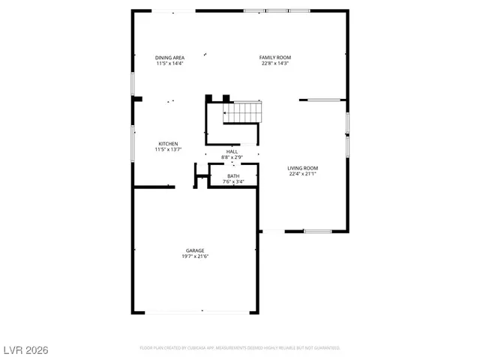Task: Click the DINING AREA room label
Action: pos(169,58)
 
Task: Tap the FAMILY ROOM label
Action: pos(275,58)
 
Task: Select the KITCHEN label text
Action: pos(168,144)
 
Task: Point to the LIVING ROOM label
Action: pos(303,168)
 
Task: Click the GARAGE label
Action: pos(195,250)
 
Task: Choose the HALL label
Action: pos(232,151)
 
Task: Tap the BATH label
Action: pos(234,175)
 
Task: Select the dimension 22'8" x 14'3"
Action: pos(275,64)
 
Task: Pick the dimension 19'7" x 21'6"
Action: pos(195,256)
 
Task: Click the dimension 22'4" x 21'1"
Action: pos(303,174)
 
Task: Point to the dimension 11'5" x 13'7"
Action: pos(168,150)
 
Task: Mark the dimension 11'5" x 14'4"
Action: pos(169,64)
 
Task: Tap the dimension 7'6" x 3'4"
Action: pos(234,181)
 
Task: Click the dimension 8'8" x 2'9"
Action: pos(232,157)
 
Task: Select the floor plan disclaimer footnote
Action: pos(240,348)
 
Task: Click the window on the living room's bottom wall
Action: pos(317,231)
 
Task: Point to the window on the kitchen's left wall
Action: pos(133,142)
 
